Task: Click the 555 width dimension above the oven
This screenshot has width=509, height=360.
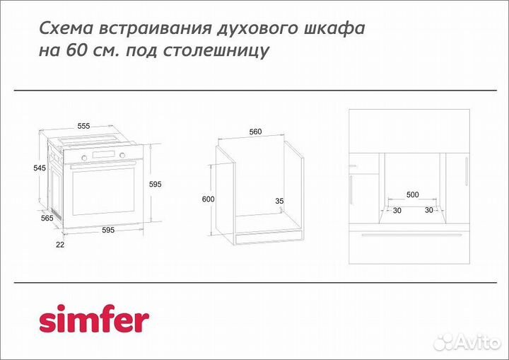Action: [x=84, y=126]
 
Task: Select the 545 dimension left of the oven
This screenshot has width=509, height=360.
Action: [x=40, y=168]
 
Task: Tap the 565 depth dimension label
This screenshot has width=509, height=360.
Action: [x=47, y=219]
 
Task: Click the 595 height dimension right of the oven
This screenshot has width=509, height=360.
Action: [x=156, y=184]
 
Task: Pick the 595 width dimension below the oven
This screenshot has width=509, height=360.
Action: [x=108, y=230]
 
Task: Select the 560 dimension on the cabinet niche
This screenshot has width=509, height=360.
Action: [x=255, y=132]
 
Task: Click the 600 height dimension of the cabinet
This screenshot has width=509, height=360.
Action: [x=207, y=199]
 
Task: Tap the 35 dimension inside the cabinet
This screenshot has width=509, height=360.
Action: [x=279, y=202]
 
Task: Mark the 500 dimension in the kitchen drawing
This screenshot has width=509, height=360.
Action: [x=412, y=194]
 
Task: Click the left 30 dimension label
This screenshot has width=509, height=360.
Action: [x=397, y=210]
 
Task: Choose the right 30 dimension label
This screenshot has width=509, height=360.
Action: [x=429, y=210]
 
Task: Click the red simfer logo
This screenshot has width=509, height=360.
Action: [x=93, y=320]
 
